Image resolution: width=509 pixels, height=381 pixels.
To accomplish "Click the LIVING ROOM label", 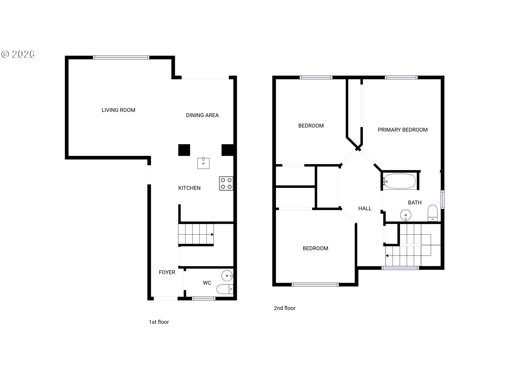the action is point(119,110).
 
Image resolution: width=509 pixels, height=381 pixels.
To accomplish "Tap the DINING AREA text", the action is point(202,115).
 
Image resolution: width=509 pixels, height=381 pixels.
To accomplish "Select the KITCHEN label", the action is point(189,188).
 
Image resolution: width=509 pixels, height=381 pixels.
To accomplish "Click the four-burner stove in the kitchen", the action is point(226,183).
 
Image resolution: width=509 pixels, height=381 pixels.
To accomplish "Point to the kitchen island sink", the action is point(203,163).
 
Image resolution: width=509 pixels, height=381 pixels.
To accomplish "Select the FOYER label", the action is point(167,272).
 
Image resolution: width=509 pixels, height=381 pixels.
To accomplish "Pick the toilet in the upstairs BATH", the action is point(433,213).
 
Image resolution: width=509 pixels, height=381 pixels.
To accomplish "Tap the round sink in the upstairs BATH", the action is point(406,215).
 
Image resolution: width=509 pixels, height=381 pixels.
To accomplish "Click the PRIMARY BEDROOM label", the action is point(403,130).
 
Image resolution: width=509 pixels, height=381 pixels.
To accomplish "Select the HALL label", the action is point(365,208).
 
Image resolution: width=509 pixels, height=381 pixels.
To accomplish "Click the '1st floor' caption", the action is point(159,322).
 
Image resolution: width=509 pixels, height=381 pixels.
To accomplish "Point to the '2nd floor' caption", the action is point(284,308).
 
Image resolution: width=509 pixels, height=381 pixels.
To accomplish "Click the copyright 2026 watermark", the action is point(18,54).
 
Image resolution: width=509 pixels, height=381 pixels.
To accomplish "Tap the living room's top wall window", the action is point(121,57).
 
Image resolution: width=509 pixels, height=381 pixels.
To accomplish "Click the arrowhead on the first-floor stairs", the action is point(212,234).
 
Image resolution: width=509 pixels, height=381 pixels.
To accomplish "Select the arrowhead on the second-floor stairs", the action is point(387,256).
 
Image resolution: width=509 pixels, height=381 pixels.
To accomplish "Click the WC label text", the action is point(207,283).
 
